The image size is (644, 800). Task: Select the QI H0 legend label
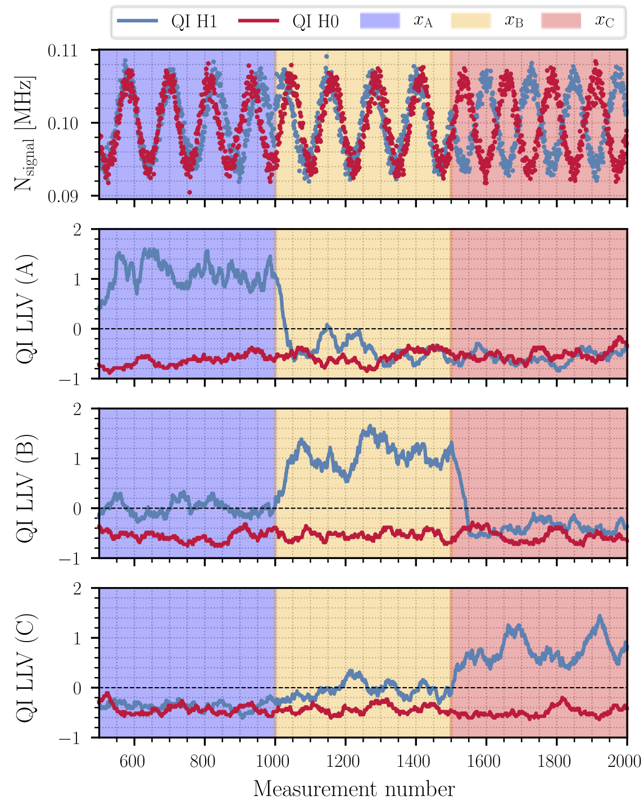coord(315,22)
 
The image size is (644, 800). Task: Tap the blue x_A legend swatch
coord(380,21)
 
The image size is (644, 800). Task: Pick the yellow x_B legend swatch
coord(470,21)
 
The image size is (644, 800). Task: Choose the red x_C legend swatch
coord(561,21)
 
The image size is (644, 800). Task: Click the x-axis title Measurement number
coord(354,788)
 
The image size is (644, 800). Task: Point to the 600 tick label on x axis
coord(133,761)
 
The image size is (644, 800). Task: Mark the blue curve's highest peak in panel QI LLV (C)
coord(600,616)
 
